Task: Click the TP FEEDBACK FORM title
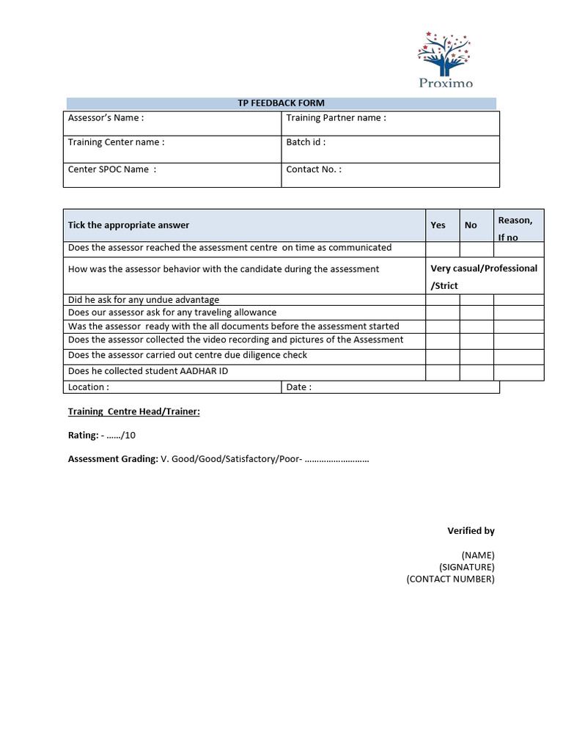281,103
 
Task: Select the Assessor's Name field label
106,118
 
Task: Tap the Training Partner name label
336,118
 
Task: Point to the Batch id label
306,142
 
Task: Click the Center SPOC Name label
111,169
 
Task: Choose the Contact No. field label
314,169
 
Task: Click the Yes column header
438,225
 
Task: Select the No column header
471,225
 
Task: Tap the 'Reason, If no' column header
515,228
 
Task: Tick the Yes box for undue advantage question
443,299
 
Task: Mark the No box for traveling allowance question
476,312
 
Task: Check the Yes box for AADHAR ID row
443,372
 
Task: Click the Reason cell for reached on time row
518,249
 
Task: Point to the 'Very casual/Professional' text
484,268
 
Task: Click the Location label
89,387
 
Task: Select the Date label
298,387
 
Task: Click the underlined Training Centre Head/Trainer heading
133,412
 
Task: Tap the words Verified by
471,531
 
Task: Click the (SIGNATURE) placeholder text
466,567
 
